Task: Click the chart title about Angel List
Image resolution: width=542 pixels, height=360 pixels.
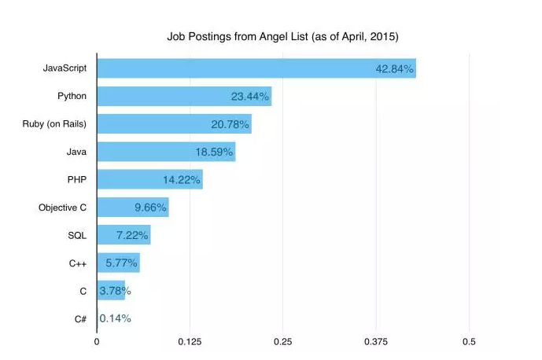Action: point(282,36)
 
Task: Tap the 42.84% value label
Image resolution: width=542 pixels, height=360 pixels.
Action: point(394,69)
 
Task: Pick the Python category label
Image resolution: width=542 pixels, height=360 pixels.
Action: point(72,97)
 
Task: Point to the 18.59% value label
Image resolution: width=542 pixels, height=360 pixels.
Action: point(214,152)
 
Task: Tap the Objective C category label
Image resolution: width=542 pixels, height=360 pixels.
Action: point(62,208)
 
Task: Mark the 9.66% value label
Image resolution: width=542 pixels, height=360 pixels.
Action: point(150,208)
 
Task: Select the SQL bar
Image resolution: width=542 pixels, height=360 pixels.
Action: point(124,235)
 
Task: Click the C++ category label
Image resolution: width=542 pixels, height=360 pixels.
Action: point(76,263)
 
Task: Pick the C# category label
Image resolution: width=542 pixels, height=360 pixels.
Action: point(80,318)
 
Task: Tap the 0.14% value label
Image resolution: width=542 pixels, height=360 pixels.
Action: point(116,318)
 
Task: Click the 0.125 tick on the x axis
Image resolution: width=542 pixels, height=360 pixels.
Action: point(190,342)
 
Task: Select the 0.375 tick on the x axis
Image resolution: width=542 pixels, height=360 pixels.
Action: point(376,342)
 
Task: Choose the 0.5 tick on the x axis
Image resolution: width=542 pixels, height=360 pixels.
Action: point(469,342)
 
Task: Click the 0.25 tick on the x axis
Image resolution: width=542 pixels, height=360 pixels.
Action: point(282,342)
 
